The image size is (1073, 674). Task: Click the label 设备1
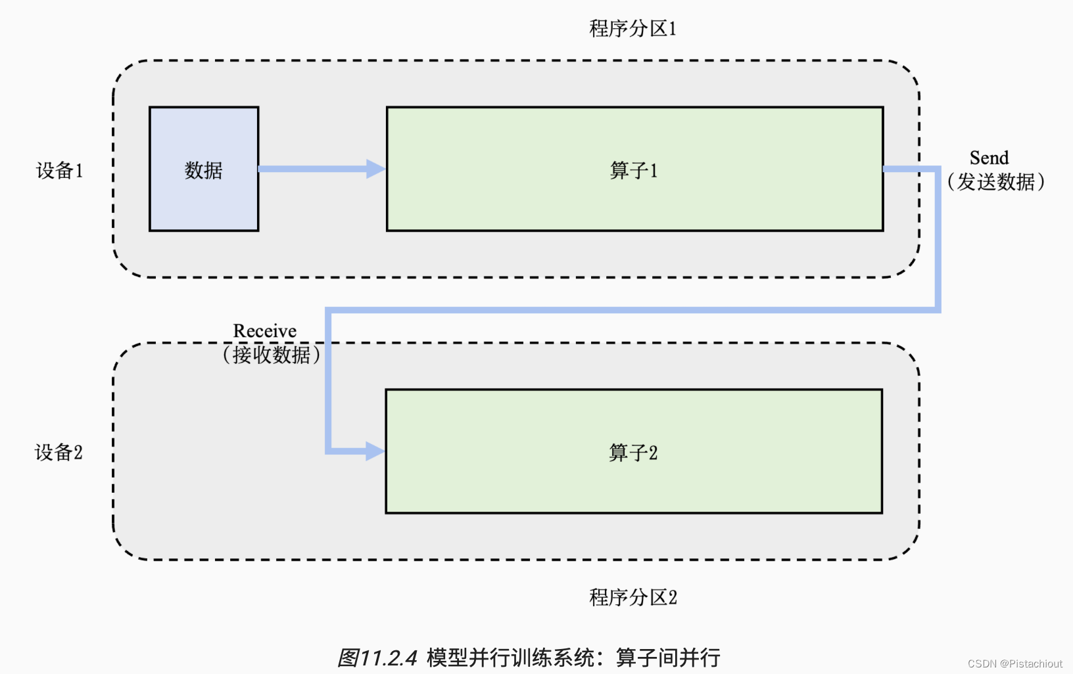pos(59,171)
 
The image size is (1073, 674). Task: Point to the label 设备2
pos(59,453)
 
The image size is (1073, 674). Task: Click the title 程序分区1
pos(632,29)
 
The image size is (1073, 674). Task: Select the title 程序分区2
pos(632,597)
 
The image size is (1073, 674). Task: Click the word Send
pos(989,158)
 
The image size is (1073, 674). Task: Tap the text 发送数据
pos(995,182)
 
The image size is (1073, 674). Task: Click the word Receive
pos(265,331)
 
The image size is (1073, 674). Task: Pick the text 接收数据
pos(271,355)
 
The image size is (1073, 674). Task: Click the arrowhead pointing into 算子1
pos(376,169)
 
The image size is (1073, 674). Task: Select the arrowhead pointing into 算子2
pos(375,451)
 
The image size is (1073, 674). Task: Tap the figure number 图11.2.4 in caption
pos(377,658)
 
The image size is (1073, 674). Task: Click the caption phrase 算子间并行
pos(668,658)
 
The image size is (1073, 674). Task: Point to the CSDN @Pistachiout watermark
pos(1014,663)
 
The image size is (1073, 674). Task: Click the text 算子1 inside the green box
pos(633,171)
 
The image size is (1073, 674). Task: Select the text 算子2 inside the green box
pos(632,453)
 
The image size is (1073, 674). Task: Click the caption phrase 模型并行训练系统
pos(510,658)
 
